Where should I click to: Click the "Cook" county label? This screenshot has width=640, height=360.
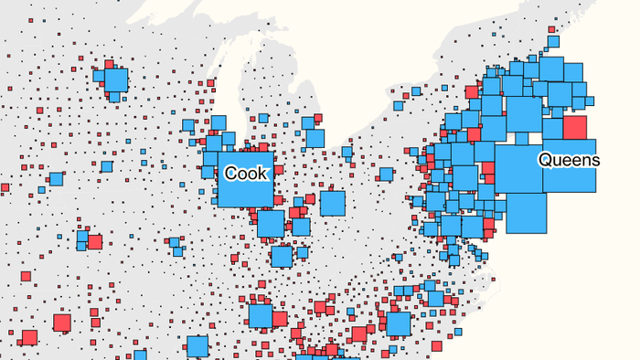click(x=248, y=173)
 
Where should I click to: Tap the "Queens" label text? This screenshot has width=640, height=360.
click(x=569, y=160)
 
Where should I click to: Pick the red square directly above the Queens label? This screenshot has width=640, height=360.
click(x=575, y=128)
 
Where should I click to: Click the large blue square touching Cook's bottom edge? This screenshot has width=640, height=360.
click(x=271, y=223)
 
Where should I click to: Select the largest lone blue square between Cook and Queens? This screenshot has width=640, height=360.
click(x=332, y=203)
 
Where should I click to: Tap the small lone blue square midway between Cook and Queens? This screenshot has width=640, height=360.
click(x=386, y=174)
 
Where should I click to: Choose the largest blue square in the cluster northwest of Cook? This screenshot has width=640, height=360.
click(x=115, y=81)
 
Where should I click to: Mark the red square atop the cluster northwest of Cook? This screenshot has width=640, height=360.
click(x=110, y=65)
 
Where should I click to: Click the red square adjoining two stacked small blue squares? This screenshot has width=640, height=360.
click(x=94, y=242)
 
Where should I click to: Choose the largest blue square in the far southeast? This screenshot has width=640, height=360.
click(x=398, y=324)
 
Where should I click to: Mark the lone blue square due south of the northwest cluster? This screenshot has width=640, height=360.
click(x=107, y=166)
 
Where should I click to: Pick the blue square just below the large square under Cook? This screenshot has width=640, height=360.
click(x=282, y=257)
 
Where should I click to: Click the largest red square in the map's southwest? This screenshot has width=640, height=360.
click(x=62, y=323)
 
